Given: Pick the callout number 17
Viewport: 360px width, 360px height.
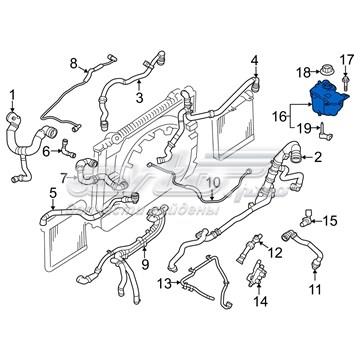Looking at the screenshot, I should click(x=350, y=58).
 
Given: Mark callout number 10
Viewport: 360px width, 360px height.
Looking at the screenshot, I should click(x=210, y=181).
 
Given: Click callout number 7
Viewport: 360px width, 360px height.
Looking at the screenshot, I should click(x=64, y=178).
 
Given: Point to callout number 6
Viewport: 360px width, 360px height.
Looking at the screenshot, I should click(x=45, y=151).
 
